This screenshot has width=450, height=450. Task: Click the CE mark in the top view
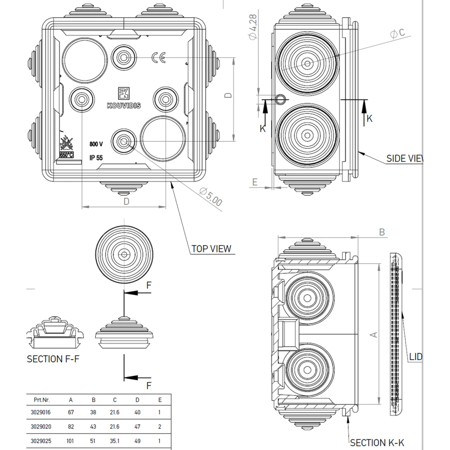(x=158, y=58)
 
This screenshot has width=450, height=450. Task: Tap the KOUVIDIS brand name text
(x=124, y=105)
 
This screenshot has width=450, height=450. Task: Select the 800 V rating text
(x=96, y=144)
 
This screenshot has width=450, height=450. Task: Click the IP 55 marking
(x=96, y=157)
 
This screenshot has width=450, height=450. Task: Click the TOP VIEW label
(x=211, y=248)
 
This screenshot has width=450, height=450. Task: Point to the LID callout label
(x=415, y=357)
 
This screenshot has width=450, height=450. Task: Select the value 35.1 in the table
(x=115, y=441)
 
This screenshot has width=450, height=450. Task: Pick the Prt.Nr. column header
(x=42, y=400)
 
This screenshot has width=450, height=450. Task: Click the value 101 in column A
(x=71, y=441)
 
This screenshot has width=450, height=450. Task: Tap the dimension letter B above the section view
(x=382, y=232)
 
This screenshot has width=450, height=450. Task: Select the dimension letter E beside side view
(x=255, y=182)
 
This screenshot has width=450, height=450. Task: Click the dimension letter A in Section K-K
(x=373, y=334)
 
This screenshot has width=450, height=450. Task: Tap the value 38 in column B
(x=93, y=412)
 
